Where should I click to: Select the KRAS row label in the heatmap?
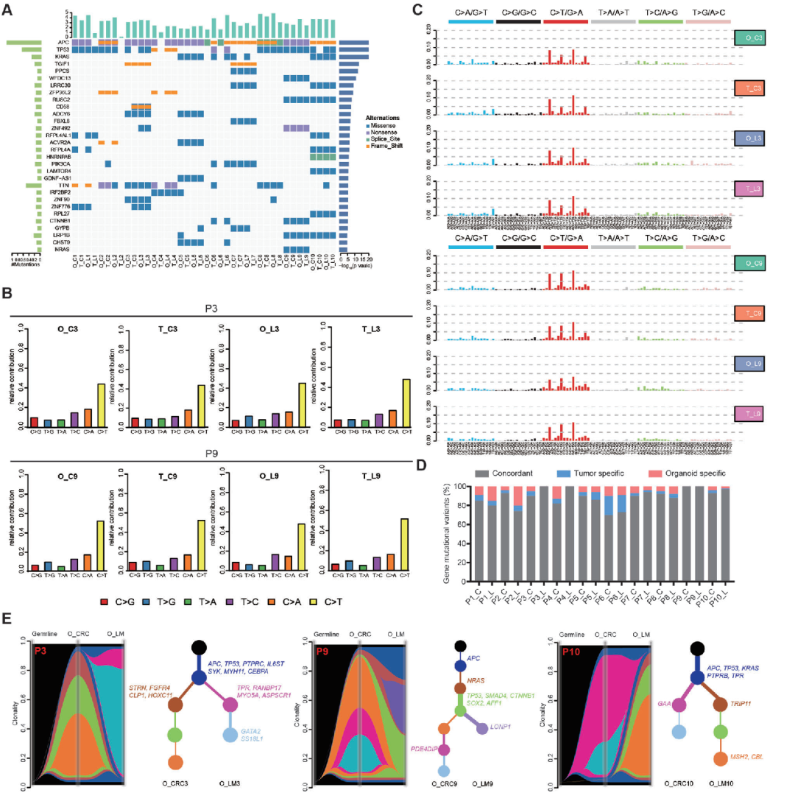coord(63,57)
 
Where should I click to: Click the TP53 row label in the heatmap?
coord(63,49)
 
